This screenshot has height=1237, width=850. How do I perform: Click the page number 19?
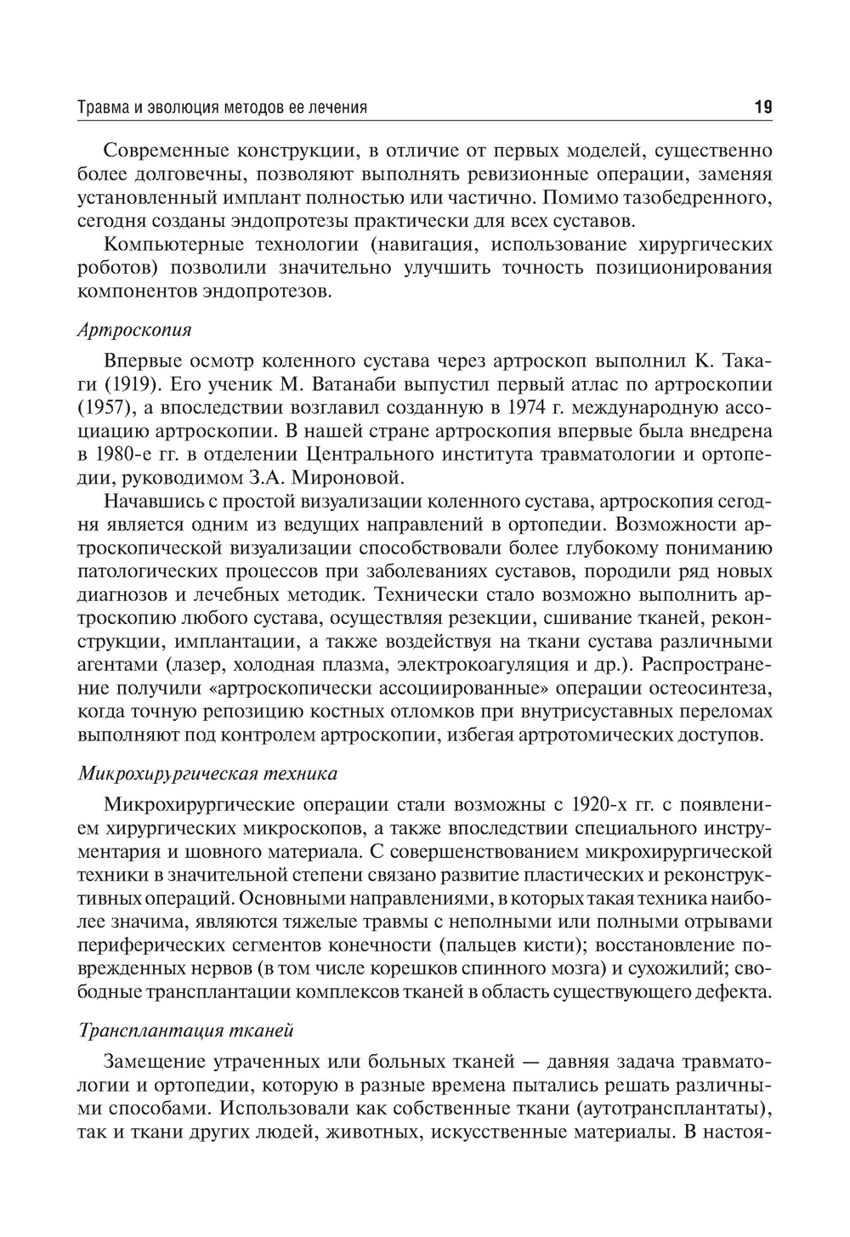pyautogui.click(x=762, y=107)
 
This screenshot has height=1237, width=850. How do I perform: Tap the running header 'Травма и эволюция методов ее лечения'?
pyautogui.click(x=222, y=108)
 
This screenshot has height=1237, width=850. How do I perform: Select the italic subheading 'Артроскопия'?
pyautogui.click(x=134, y=329)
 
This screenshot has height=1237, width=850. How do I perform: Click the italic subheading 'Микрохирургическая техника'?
pyautogui.click(x=207, y=774)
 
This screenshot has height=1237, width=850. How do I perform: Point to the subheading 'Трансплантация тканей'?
pyautogui.click(x=185, y=1030)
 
